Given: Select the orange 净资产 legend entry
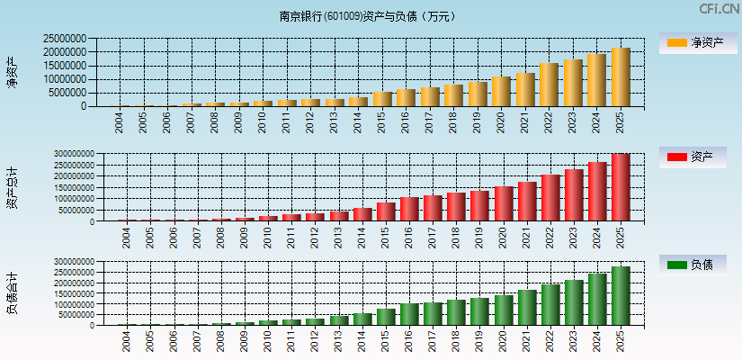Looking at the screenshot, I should click(x=697, y=42).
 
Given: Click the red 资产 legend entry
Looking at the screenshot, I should click(x=697, y=157).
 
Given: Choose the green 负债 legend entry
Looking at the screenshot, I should click(x=697, y=265).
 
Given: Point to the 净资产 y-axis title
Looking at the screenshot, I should click(x=12, y=72).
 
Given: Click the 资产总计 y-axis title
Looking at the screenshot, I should click(x=12, y=187).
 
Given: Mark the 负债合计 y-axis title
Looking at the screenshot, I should click(x=12, y=293).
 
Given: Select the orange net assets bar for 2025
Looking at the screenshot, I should click(x=621, y=77).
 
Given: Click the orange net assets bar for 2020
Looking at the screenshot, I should click(x=501, y=92).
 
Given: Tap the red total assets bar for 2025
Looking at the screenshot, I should click(x=621, y=187).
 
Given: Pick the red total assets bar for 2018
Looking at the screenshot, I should click(x=456, y=207).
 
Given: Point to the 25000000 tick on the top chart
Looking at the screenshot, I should click(x=65, y=40).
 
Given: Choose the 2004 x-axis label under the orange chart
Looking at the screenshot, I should click(x=120, y=121).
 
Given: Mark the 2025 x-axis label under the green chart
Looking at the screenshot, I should click(x=621, y=341).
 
